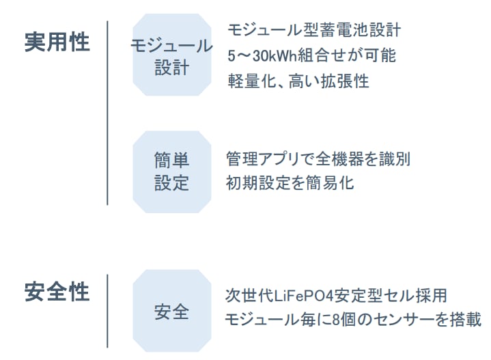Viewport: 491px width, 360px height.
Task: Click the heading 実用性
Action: point(57,42)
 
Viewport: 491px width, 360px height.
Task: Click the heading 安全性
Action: point(57,292)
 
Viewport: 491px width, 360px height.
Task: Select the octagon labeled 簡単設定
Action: point(171,172)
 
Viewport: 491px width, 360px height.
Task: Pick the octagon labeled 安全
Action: point(171,311)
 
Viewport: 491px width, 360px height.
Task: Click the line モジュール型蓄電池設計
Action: point(315,30)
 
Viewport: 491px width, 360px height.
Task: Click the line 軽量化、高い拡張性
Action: point(298,81)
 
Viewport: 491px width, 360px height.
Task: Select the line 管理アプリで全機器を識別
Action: point(318,159)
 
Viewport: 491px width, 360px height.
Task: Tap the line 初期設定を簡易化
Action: point(290,183)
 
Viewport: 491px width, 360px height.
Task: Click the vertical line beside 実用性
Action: point(107,113)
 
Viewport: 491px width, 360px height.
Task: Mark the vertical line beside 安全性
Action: point(107,311)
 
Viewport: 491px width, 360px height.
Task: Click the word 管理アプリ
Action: point(262,159)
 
